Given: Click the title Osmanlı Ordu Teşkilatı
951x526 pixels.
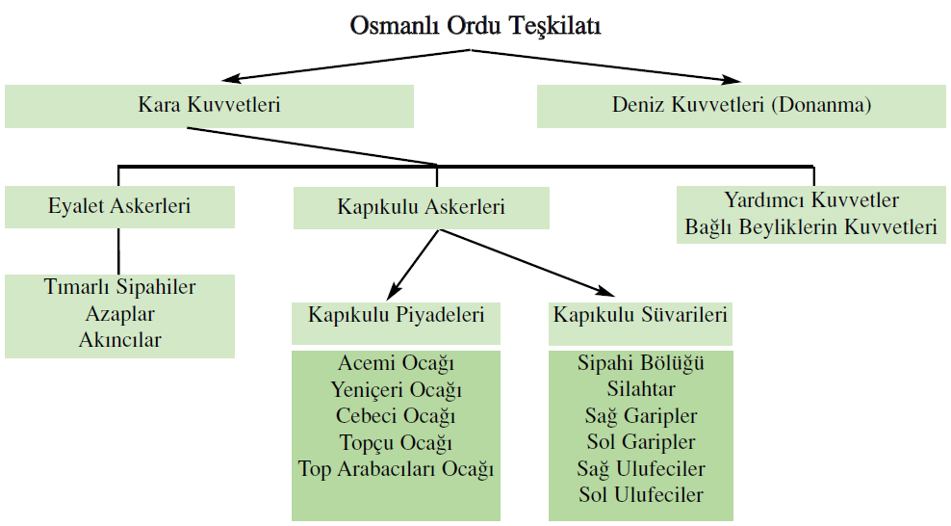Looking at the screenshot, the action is [475, 26].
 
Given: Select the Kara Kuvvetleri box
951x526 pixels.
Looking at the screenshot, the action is [209, 106].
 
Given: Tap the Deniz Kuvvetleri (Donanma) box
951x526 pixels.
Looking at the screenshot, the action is [741, 106].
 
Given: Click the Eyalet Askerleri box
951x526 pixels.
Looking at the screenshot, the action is [119, 207].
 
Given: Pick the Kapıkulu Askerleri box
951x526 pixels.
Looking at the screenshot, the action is [422, 207].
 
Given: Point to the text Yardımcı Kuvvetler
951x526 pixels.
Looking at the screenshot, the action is [811, 199].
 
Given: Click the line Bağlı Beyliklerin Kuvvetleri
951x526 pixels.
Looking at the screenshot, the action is [811, 227].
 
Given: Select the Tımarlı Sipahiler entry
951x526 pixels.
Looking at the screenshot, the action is [119, 286].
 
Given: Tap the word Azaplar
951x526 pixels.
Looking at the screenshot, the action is [119, 314].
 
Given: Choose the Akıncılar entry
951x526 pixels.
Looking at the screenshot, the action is [119, 340].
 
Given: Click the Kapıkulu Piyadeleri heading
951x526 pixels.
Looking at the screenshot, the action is [396, 315].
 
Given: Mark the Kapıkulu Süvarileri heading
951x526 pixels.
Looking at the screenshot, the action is [640, 315].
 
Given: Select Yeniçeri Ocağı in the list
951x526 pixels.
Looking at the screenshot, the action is [396, 389].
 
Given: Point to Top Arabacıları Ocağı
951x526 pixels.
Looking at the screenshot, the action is [396, 469].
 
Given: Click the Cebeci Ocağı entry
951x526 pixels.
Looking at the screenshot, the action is [396, 416].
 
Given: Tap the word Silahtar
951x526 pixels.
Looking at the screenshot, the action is [641, 389].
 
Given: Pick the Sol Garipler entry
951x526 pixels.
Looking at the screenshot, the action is [641, 441].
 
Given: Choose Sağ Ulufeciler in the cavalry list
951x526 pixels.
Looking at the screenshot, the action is [641, 468].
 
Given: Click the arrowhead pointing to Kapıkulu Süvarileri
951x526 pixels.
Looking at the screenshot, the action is [605, 292].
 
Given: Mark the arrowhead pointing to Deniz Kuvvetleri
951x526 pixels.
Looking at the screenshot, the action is [732, 79].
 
